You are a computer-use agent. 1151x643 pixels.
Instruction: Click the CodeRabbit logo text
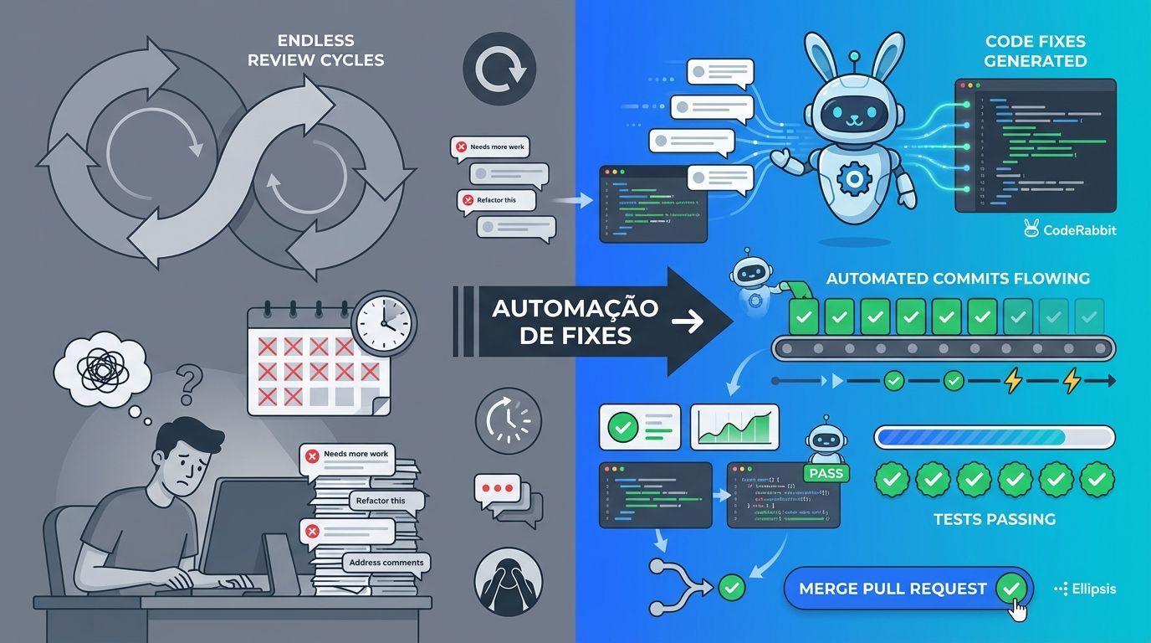point(1079,229)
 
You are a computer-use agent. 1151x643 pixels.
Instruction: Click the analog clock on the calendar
point(385,320)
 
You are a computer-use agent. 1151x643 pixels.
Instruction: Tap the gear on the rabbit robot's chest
point(854,177)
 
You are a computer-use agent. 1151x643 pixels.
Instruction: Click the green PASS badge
point(826,473)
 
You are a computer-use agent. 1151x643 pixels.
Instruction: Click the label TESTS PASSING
point(994,519)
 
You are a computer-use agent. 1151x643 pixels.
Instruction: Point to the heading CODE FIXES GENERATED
point(1036,50)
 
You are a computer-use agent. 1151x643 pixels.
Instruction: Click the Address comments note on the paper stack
point(386,563)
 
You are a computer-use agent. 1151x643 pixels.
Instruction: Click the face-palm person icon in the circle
point(508,582)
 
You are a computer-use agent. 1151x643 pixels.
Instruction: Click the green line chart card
point(734,427)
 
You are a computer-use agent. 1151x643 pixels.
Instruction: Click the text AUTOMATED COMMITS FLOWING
point(958,278)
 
